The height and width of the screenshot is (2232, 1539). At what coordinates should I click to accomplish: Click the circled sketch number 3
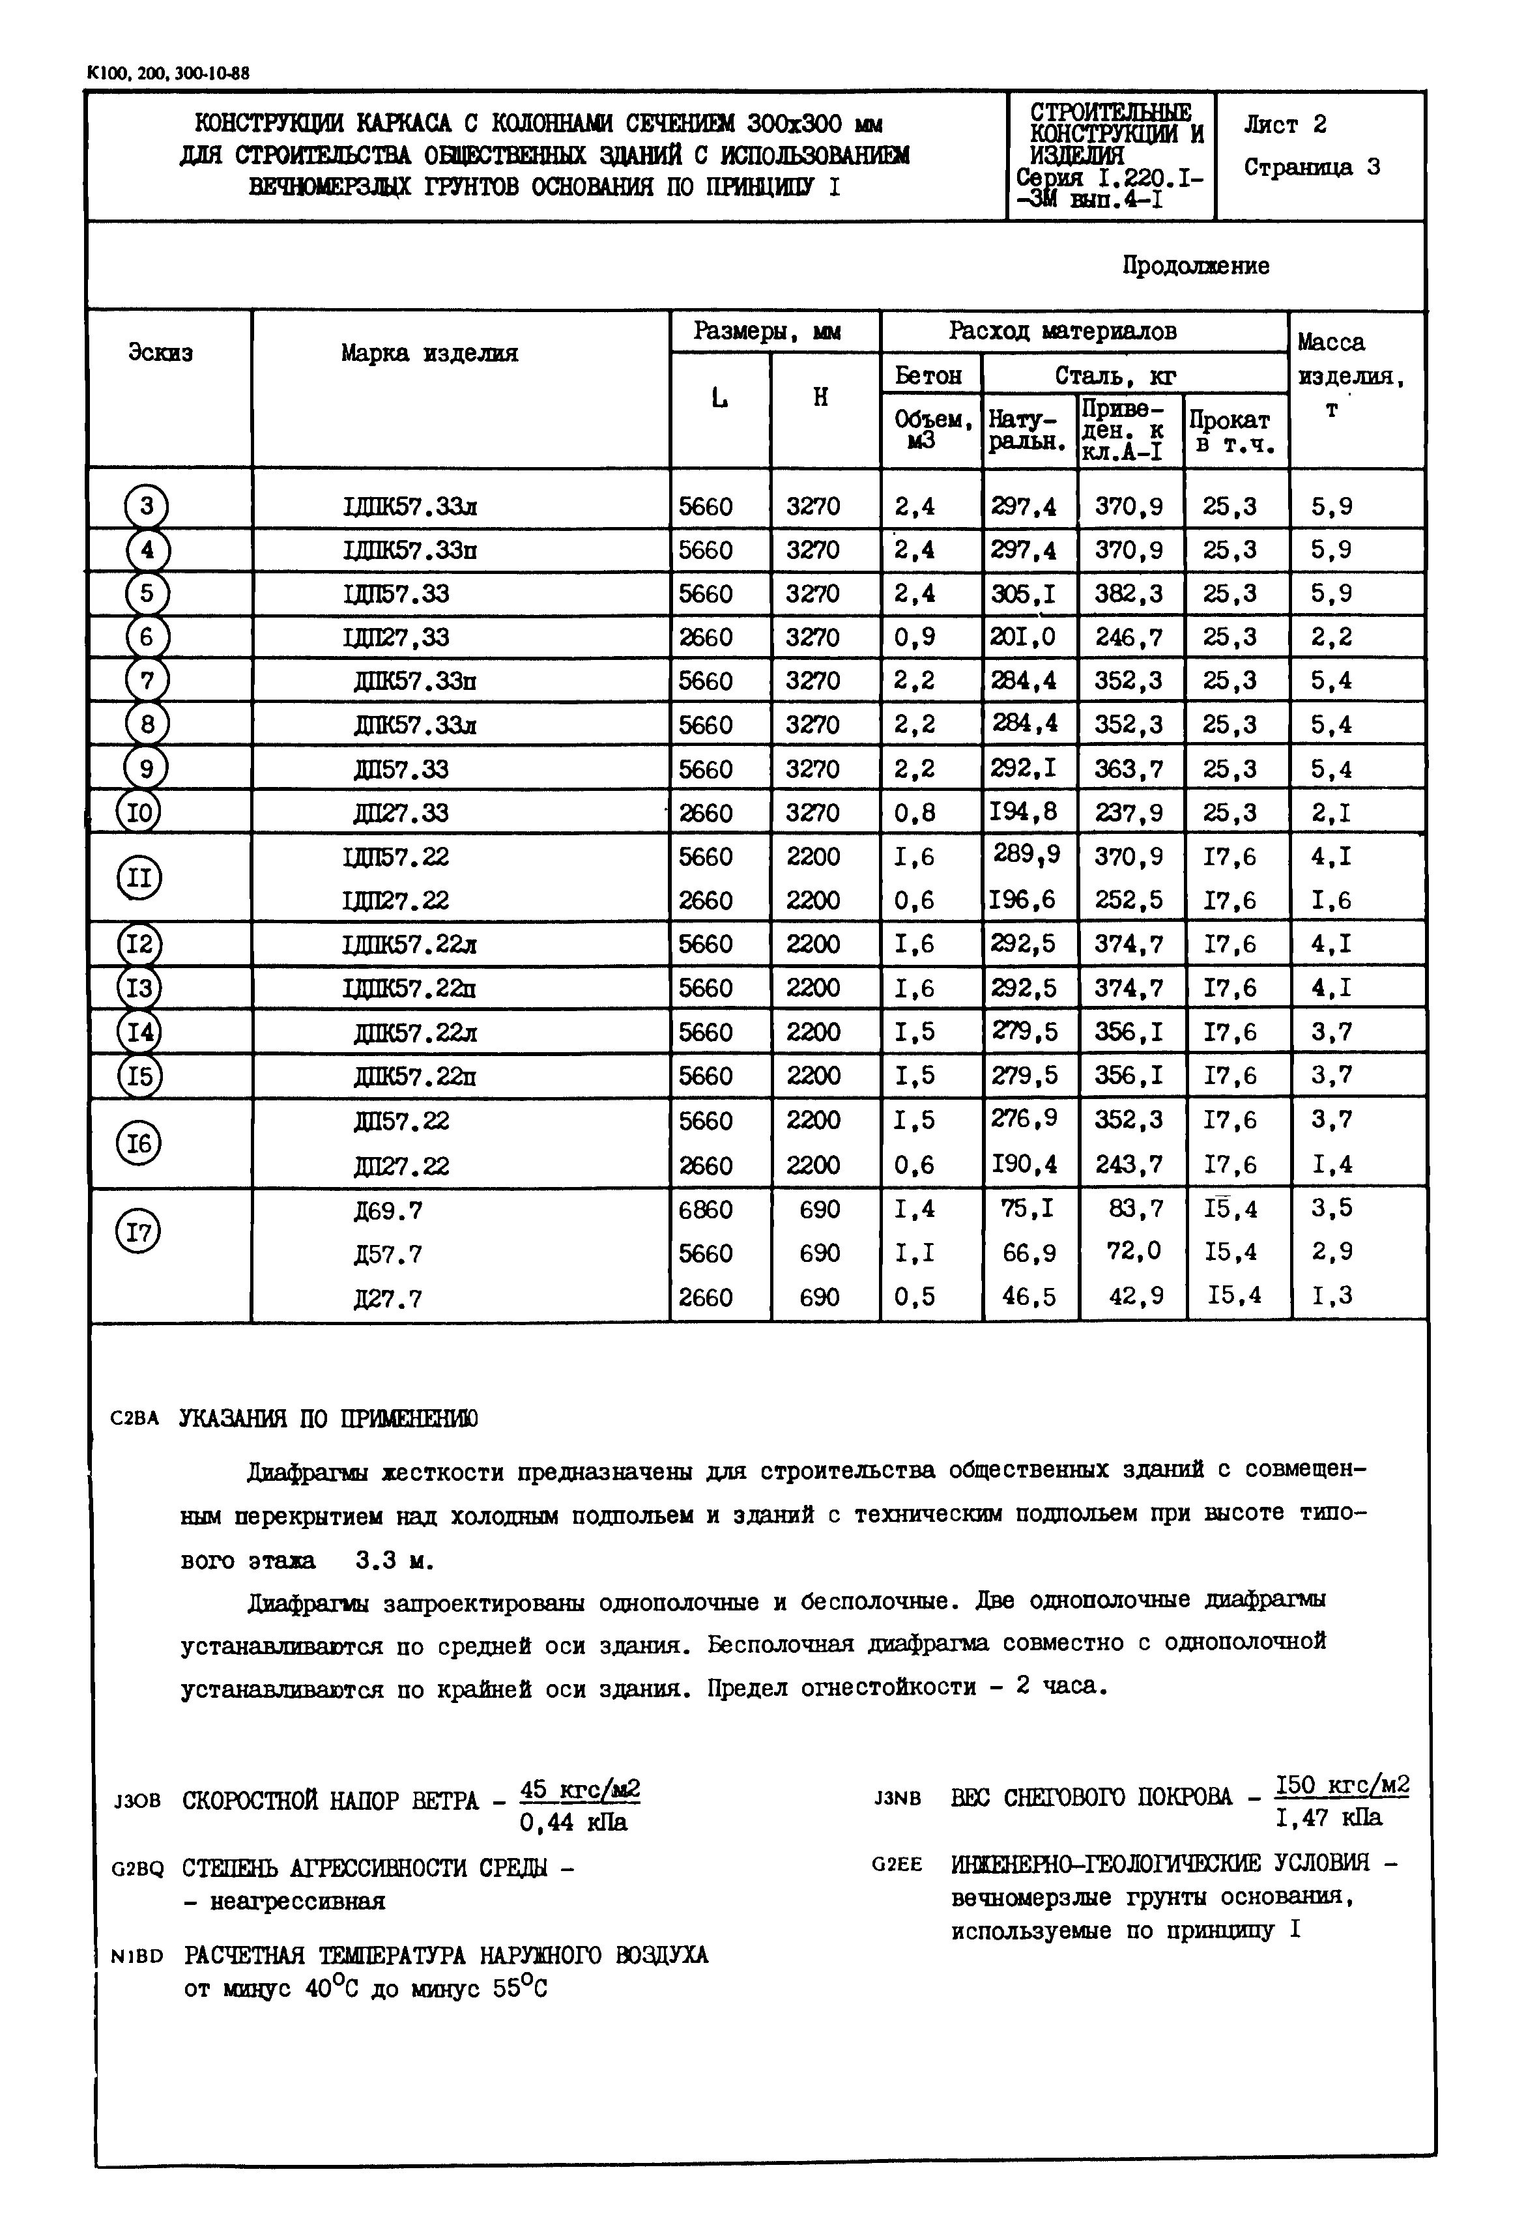click(147, 506)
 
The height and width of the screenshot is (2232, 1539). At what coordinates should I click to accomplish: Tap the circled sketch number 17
click(139, 1231)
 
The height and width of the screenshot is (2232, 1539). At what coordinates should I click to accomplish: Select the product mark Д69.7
click(388, 1210)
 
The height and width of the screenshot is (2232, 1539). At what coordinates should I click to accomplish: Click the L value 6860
click(705, 1209)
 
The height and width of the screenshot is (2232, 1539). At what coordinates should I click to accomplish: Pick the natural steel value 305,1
click(1023, 594)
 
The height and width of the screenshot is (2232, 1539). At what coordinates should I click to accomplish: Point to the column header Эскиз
click(160, 353)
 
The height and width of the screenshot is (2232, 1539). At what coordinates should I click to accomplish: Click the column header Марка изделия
click(429, 353)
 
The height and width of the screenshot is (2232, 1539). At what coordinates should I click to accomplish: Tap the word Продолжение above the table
click(1195, 266)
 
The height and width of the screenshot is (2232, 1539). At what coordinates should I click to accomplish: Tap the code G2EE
click(897, 1865)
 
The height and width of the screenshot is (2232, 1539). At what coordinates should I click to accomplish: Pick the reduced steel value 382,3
click(1129, 594)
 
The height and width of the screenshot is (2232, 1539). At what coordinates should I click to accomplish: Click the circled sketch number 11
click(139, 878)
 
